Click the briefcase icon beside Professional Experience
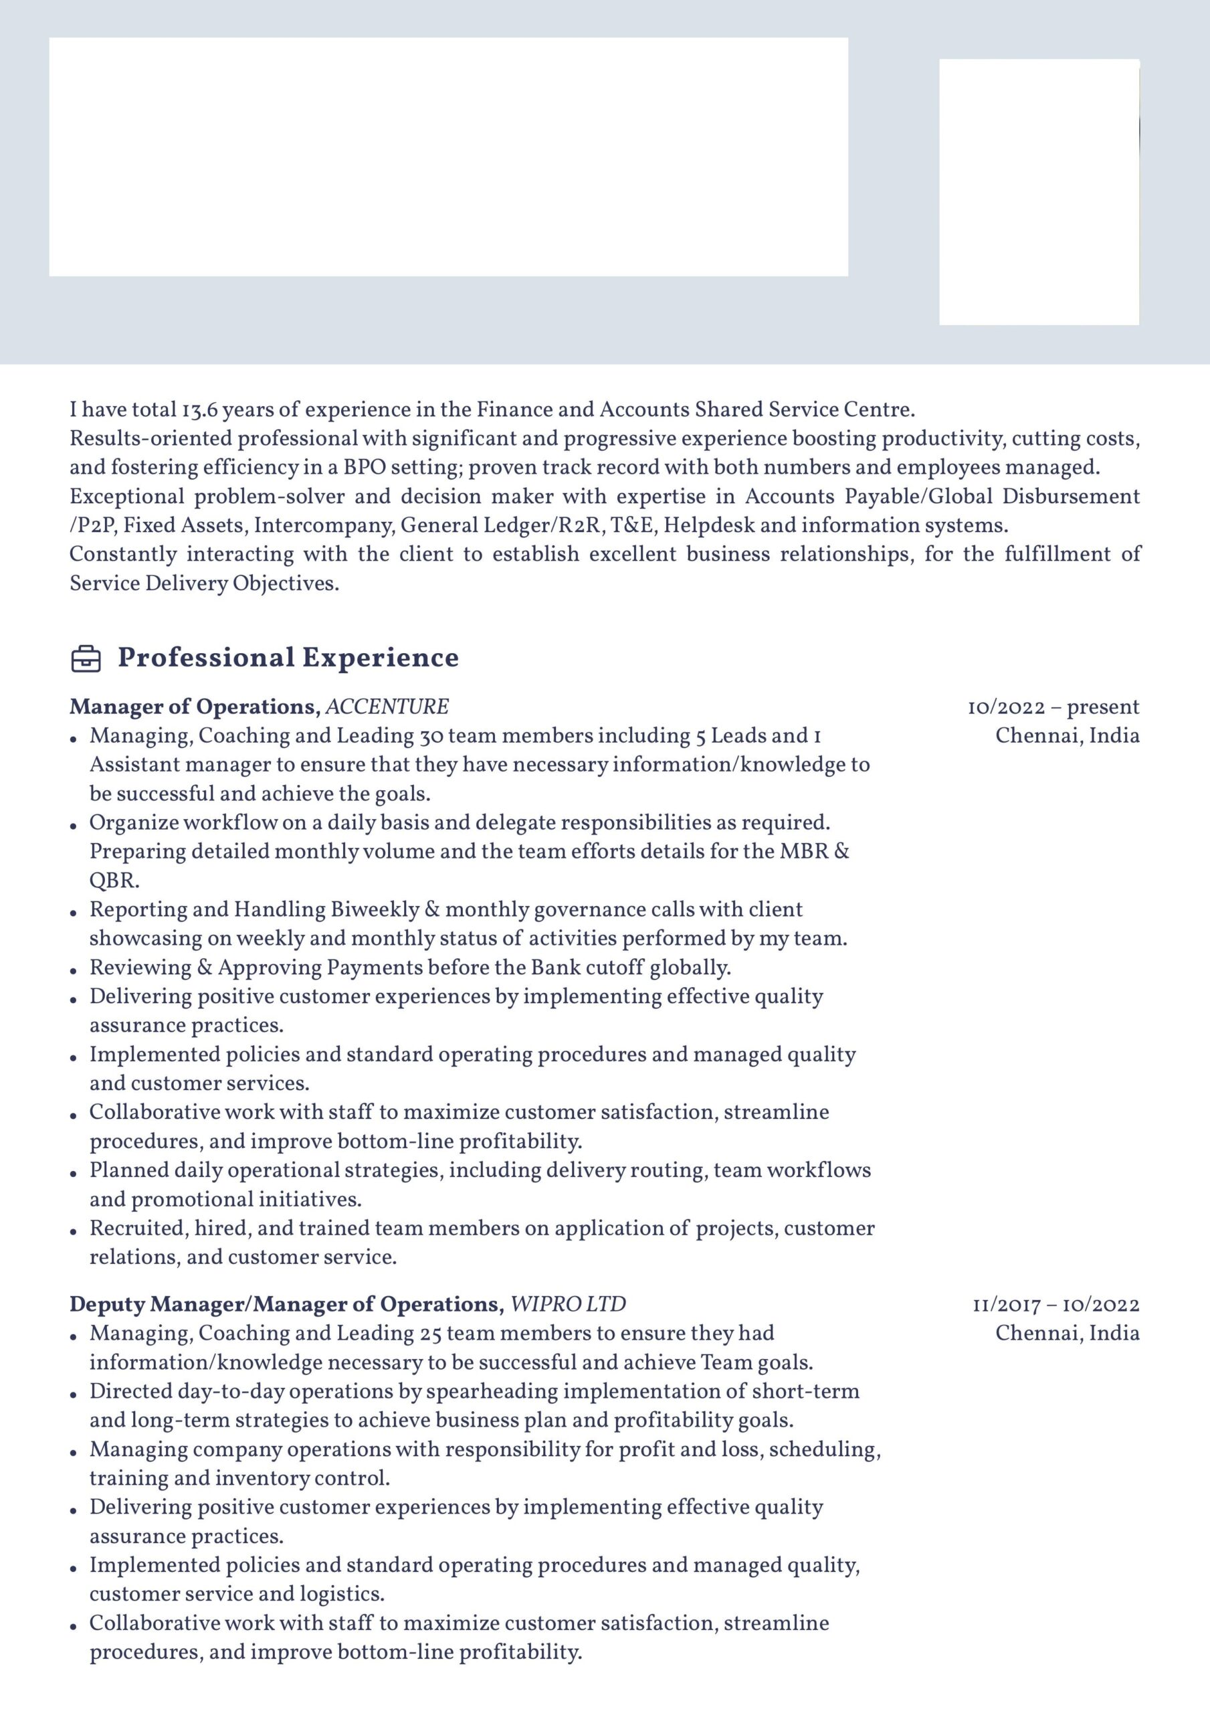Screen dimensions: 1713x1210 point(86,659)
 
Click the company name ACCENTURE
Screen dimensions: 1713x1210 point(387,707)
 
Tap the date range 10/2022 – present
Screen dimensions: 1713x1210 point(1053,707)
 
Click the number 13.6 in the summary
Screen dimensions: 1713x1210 point(199,410)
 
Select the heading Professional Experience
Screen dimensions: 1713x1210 point(288,658)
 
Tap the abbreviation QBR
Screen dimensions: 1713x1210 point(114,881)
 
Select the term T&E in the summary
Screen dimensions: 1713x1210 point(629,525)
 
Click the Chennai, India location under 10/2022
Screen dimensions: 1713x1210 point(1068,735)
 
